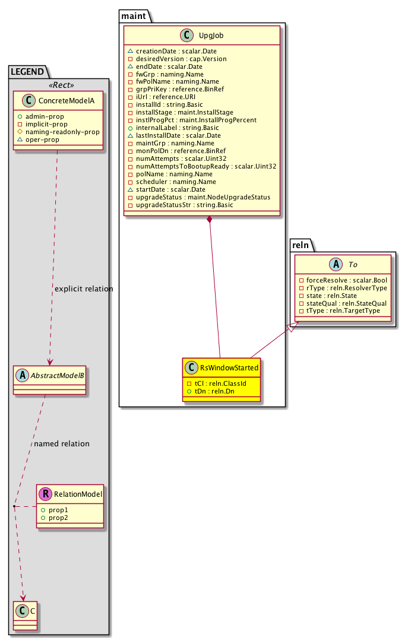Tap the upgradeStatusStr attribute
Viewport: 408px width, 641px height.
[185, 205]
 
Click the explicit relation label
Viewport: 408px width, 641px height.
[84, 289]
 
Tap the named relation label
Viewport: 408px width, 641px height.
[62, 443]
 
